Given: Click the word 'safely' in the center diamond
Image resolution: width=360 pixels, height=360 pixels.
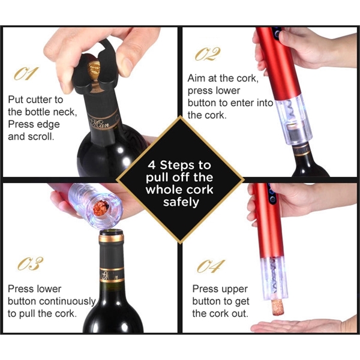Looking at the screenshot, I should tap(179, 202).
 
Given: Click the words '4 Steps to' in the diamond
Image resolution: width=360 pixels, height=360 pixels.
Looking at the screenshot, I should tap(179, 164).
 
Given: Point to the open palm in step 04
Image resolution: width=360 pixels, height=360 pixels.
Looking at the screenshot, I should tap(300, 326).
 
